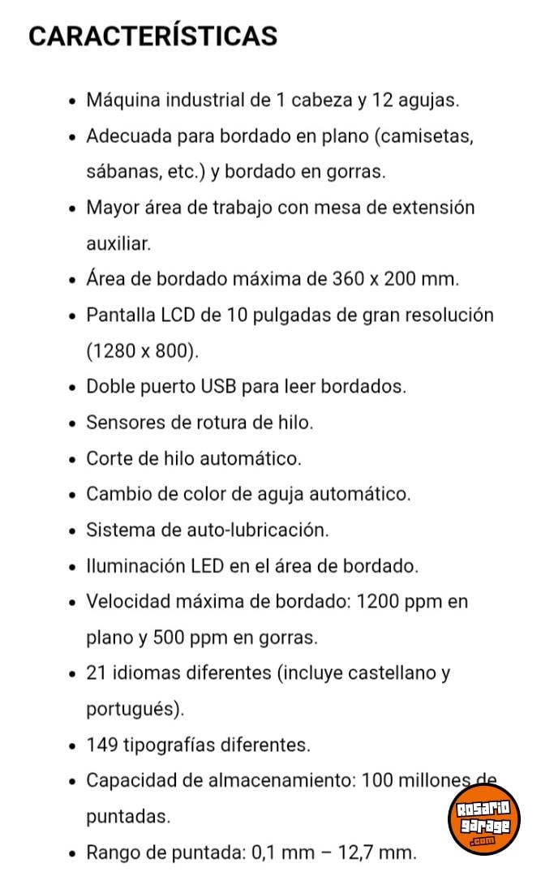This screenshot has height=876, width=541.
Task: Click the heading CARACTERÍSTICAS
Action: click(152, 36)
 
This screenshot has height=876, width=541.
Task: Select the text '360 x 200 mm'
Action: click(394, 279)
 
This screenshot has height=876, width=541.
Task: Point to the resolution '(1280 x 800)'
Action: click(141, 351)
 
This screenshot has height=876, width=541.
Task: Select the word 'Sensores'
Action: click(123, 423)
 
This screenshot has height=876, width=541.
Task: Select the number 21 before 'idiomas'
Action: click(96, 673)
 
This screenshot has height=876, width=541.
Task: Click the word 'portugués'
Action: click(132, 709)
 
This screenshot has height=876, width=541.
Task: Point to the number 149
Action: click(101, 745)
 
